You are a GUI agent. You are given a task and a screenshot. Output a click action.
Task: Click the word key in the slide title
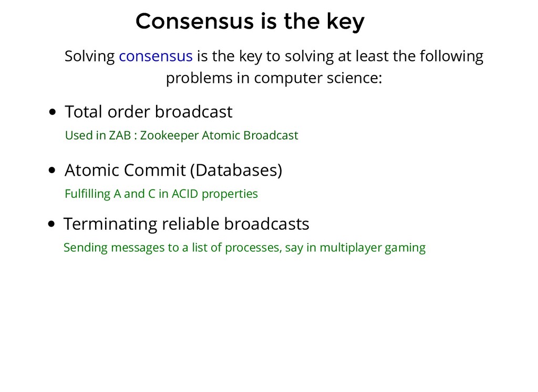coord(345,22)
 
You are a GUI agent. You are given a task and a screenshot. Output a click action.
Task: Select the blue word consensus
coord(156,56)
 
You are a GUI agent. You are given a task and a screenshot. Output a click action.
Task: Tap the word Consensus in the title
coord(194,21)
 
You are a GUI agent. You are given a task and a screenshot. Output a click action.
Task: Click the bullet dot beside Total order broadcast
coord(53,112)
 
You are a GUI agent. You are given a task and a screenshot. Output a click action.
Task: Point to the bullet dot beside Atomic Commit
coord(52,171)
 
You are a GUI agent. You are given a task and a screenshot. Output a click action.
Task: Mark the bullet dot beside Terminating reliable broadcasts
coord(51,224)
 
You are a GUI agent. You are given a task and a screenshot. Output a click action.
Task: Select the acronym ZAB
coord(120,135)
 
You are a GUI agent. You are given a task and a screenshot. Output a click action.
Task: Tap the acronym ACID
coord(185,194)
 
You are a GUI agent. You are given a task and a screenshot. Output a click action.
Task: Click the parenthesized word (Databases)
coord(236,171)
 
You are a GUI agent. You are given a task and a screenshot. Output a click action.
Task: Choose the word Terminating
coord(110,225)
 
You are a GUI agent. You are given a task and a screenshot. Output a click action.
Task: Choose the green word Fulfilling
coord(88,194)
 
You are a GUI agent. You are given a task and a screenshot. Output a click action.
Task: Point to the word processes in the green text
coord(254,248)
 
